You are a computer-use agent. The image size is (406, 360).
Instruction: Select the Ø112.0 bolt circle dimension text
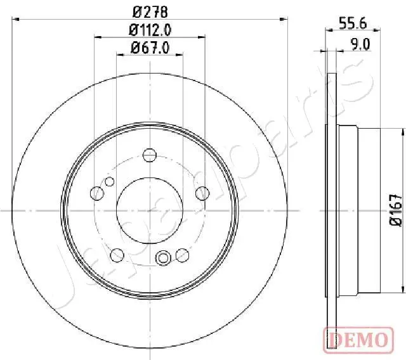coord(150,29)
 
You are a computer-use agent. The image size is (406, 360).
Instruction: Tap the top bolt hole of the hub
coord(150,155)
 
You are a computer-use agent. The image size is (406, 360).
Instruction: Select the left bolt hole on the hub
coord(98,193)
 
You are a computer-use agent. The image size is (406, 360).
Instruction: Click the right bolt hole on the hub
coord(202,193)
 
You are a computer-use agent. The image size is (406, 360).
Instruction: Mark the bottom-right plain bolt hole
coord(183,254)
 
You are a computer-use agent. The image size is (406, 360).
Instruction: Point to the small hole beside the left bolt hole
coord(109,183)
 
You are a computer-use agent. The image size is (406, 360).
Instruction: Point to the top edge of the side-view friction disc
coord(332,75)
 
